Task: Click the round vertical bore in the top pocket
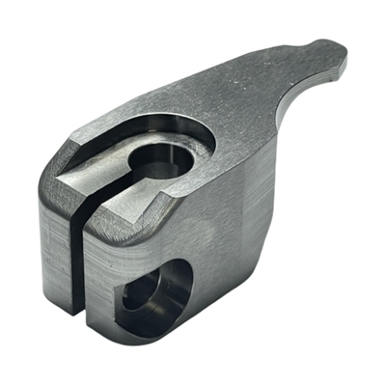click(157, 155)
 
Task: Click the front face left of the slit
click(55, 251)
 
